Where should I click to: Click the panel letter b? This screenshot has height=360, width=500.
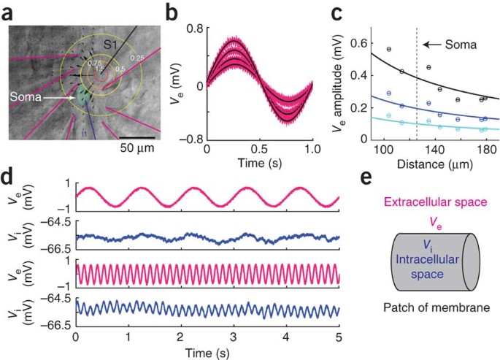coord(172,12)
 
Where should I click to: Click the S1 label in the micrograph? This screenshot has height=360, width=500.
coord(110,46)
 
